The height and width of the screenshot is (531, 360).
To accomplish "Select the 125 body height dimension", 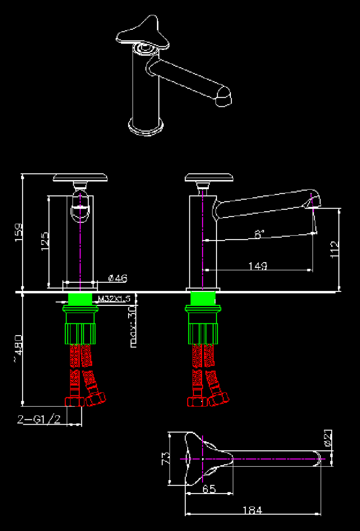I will (x=45, y=241).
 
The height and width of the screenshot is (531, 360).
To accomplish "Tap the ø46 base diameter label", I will (x=118, y=279).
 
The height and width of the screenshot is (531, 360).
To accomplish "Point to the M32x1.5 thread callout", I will (x=114, y=299).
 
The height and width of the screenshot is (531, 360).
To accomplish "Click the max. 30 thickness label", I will (x=133, y=327).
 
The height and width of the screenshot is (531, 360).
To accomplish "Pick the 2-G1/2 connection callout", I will (x=39, y=419).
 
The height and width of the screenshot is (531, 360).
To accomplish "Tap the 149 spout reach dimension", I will (x=258, y=266).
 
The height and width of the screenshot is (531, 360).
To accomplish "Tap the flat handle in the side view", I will (x=209, y=177).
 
